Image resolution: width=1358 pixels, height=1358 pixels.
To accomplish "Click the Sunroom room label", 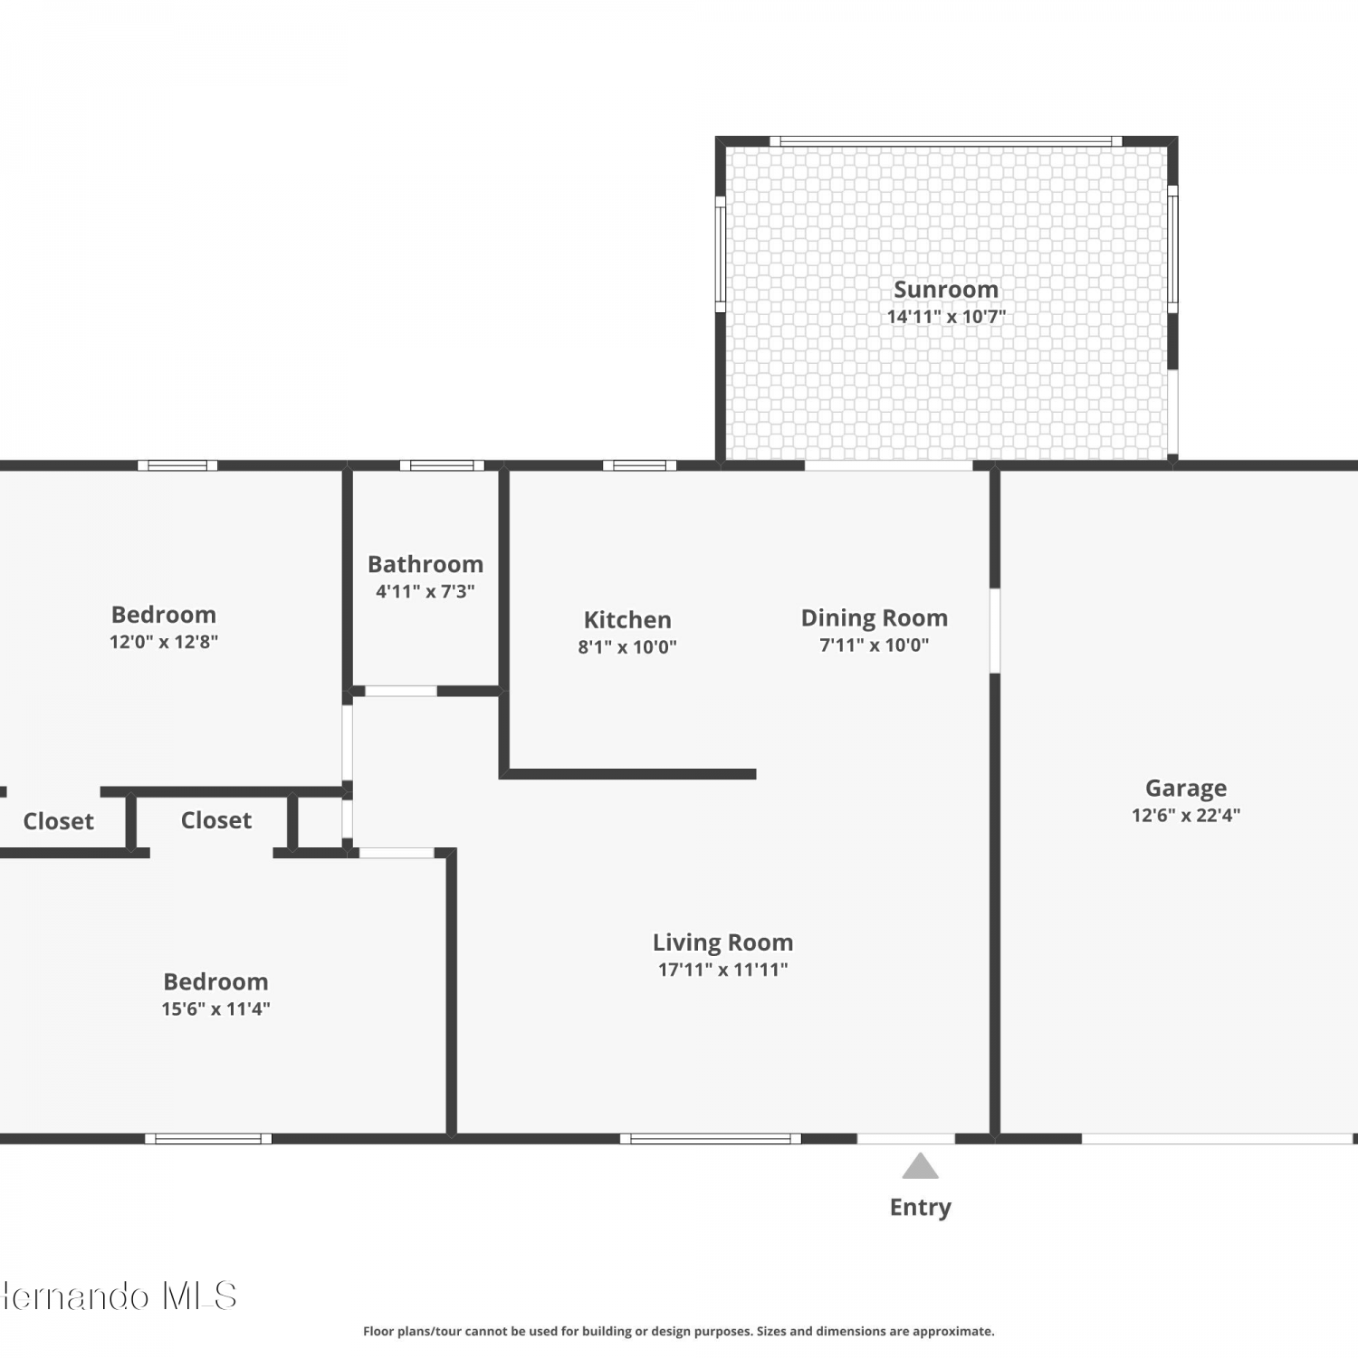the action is click(x=946, y=290).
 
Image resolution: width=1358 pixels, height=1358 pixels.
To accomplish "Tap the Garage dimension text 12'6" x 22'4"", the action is click(x=1186, y=815).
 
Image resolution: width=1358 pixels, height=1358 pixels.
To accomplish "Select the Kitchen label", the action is click(x=627, y=620).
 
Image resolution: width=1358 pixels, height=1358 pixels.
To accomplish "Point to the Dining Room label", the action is click(x=875, y=618).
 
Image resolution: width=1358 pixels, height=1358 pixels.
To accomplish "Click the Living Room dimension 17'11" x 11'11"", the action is click(x=723, y=970).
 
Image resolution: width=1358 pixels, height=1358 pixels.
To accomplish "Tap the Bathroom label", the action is click(x=426, y=564).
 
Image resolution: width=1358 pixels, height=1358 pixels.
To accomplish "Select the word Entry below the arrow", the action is click(x=921, y=1208).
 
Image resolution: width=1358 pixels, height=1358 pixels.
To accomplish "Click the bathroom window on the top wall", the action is click(x=442, y=465).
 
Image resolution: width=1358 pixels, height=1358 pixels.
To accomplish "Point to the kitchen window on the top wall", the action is click(x=640, y=465).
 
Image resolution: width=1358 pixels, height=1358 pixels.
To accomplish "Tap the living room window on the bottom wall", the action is click(x=711, y=1139).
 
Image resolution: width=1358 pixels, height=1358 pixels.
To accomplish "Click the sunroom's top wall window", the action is click(x=946, y=141).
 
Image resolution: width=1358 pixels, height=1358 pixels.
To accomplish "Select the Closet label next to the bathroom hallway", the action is click(x=216, y=820).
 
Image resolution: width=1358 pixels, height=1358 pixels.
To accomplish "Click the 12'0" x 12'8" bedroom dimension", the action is click(x=164, y=642).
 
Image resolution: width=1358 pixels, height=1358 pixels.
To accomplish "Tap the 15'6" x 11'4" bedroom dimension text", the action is click(x=216, y=1009).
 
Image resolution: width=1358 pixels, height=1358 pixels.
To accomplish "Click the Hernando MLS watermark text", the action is click(x=119, y=1296).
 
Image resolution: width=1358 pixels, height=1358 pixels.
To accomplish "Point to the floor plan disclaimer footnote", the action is click(x=679, y=1331).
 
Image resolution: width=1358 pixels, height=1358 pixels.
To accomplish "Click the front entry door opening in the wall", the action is click(x=906, y=1139).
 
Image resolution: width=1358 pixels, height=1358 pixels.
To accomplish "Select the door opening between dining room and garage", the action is click(x=995, y=631).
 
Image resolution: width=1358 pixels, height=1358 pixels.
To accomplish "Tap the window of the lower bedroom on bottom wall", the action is click(x=208, y=1139).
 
